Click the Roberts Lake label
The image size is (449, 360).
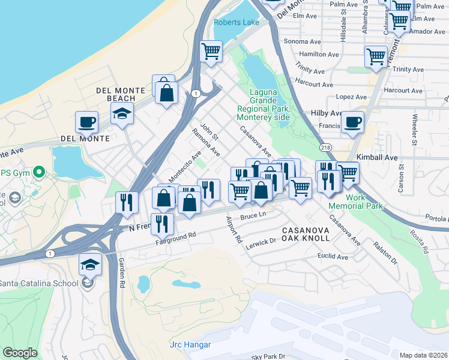[x=237, y=22]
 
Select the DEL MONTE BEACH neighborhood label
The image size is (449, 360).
[x=121, y=94]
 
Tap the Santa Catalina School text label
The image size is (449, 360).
[x=39, y=283]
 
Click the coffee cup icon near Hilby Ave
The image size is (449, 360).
[x=353, y=122]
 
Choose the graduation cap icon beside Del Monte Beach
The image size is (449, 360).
[x=122, y=113]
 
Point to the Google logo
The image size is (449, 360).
[x=20, y=353]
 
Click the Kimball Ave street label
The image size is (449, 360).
[x=377, y=156]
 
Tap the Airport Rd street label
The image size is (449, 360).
[x=234, y=230]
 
